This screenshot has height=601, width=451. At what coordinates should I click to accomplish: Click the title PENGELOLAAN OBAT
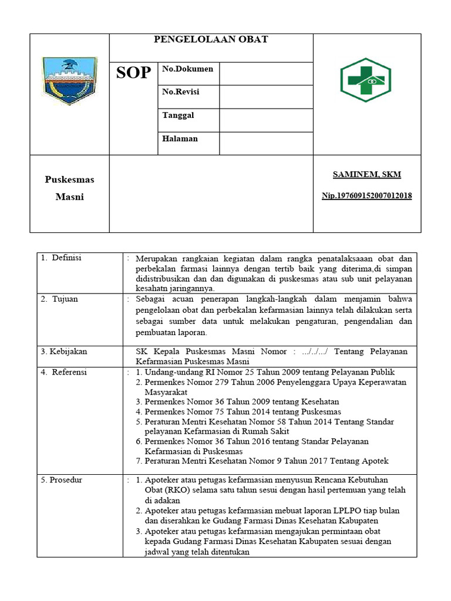pyautogui.click(x=211, y=39)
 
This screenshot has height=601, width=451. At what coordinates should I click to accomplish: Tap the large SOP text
pyautogui.click(x=133, y=73)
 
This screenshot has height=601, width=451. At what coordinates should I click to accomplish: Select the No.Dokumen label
pyautogui.click(x=187, y=69)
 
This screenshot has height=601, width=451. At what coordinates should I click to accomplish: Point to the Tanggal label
pyautogui.click(x=178, y=115)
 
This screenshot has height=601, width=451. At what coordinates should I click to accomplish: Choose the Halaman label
pyautogui.click(x=180, y=139)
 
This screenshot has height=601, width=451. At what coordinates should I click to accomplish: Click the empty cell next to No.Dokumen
pyautogui.click(x=266, y=74)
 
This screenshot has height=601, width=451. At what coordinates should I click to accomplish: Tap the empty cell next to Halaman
pyautogui.click(x=266, y=143)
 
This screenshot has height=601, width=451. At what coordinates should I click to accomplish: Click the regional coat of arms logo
pyautogui.click(x=69, y=80)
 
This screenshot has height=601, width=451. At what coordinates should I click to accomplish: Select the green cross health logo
pyautogui.click(x=365, y=80)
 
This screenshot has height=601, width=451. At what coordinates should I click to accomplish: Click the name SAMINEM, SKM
pyautogui.click(x=367, y=174)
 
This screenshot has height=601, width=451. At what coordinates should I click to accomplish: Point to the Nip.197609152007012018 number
pyautogui.click(x=366, y=195)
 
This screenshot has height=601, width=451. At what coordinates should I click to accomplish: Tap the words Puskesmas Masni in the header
pyautogui.click(x=69, y=188)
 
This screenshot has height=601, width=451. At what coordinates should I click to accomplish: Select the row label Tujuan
pyautogui.click(x=65, y=299)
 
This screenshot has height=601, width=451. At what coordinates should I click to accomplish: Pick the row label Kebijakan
pyautogui.click(x=64, y=351)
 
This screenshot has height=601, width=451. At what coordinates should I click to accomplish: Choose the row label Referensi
pyautogui.click(x=69, y=372)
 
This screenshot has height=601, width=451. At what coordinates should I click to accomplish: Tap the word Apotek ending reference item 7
pyautogui.click(x=376, y=461)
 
